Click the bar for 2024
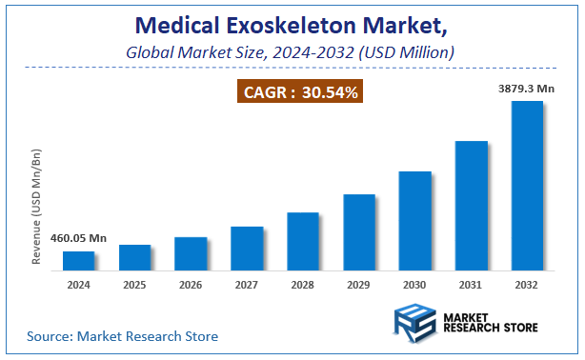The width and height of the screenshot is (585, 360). point(78,260)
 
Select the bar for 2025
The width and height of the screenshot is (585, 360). point(134,257)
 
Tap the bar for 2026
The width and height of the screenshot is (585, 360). point(191,253)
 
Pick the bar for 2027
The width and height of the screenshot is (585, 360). point(247,248)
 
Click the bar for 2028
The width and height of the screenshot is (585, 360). point(303,241)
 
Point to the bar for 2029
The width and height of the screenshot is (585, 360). point(359,231)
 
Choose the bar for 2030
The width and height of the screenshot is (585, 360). point(414,220)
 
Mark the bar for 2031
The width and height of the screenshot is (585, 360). point(471,205)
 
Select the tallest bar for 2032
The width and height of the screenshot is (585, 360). point(527,185)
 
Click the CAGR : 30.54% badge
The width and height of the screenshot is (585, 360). point(298,92)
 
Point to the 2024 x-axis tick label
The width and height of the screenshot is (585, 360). point(78,284)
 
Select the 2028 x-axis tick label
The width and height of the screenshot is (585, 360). point(303,284)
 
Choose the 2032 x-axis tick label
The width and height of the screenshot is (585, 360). point(527,284)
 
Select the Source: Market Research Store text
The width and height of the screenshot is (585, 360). point(122,336)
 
